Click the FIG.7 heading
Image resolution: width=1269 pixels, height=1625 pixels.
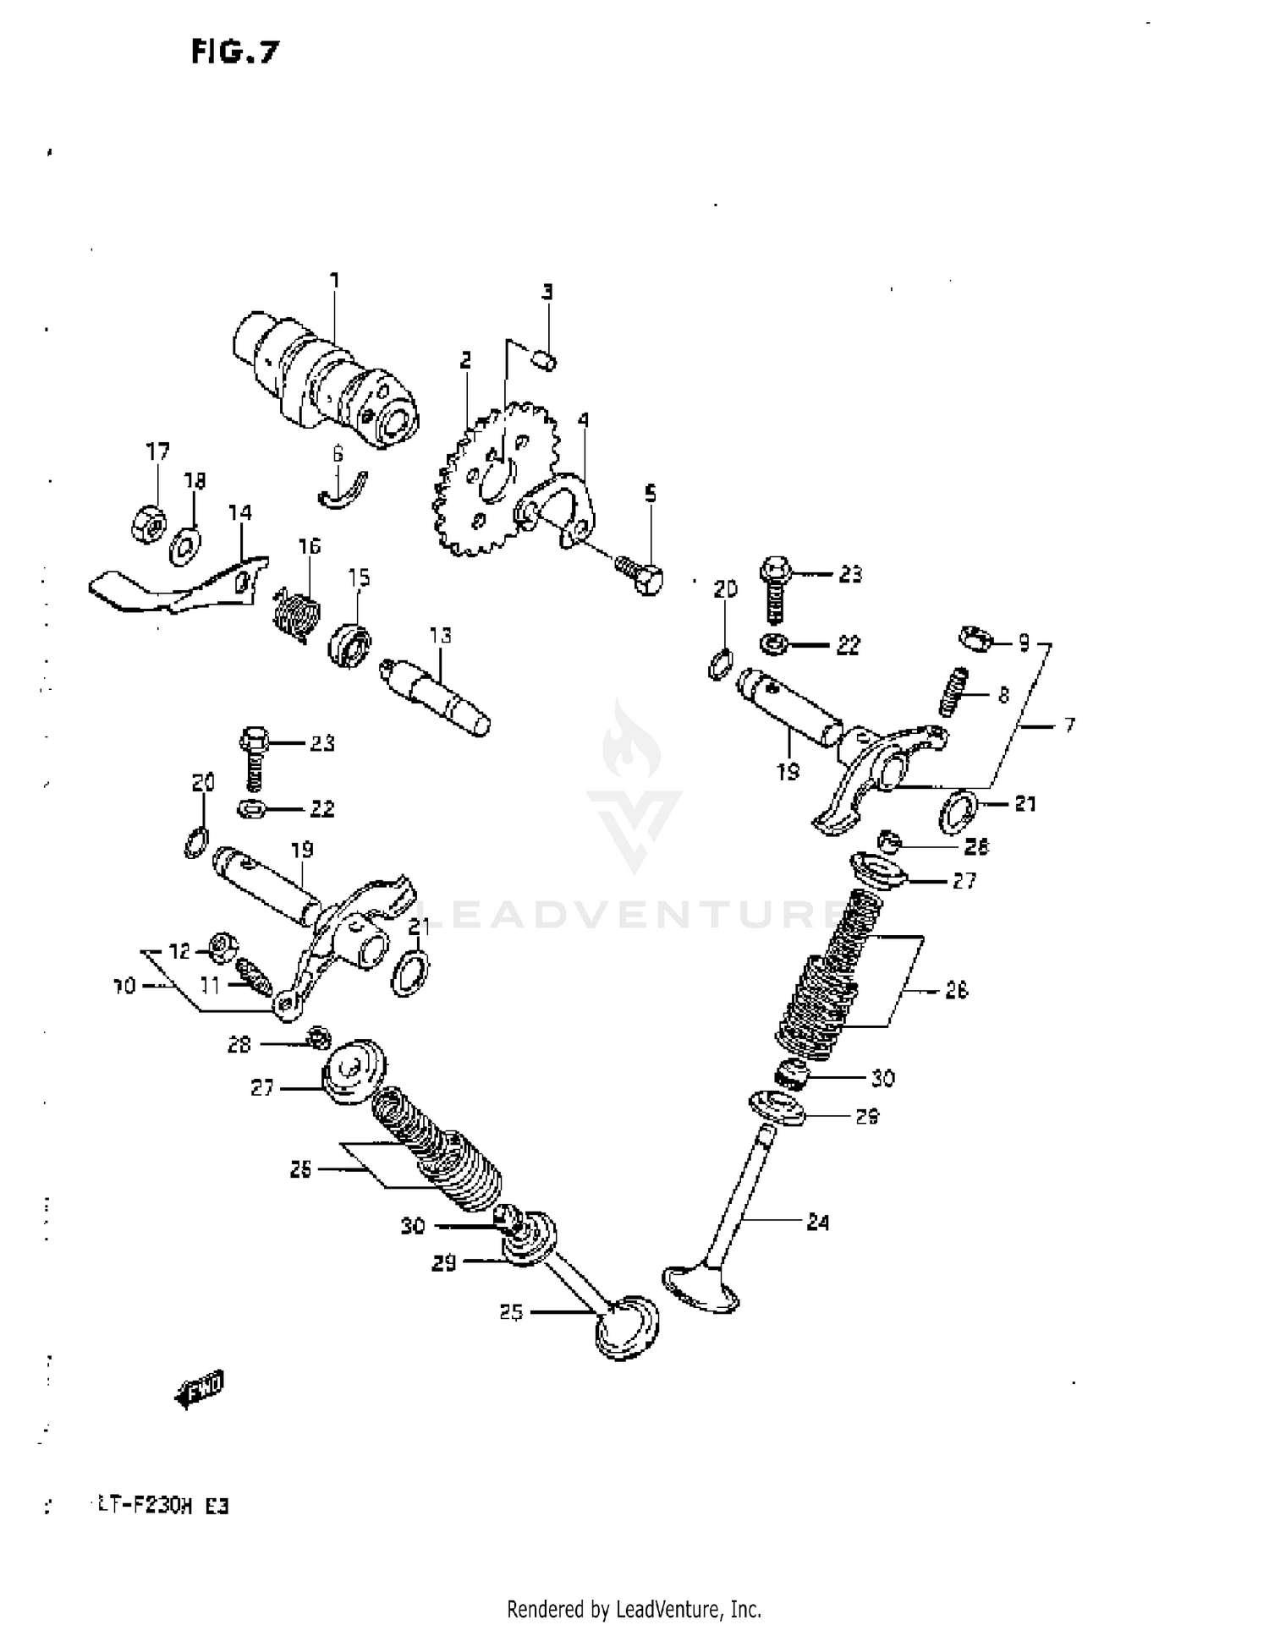pyautogui.click(x=234, y=52)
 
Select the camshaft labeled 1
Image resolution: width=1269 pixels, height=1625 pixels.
pyautogui.click(x=326, y=379)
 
